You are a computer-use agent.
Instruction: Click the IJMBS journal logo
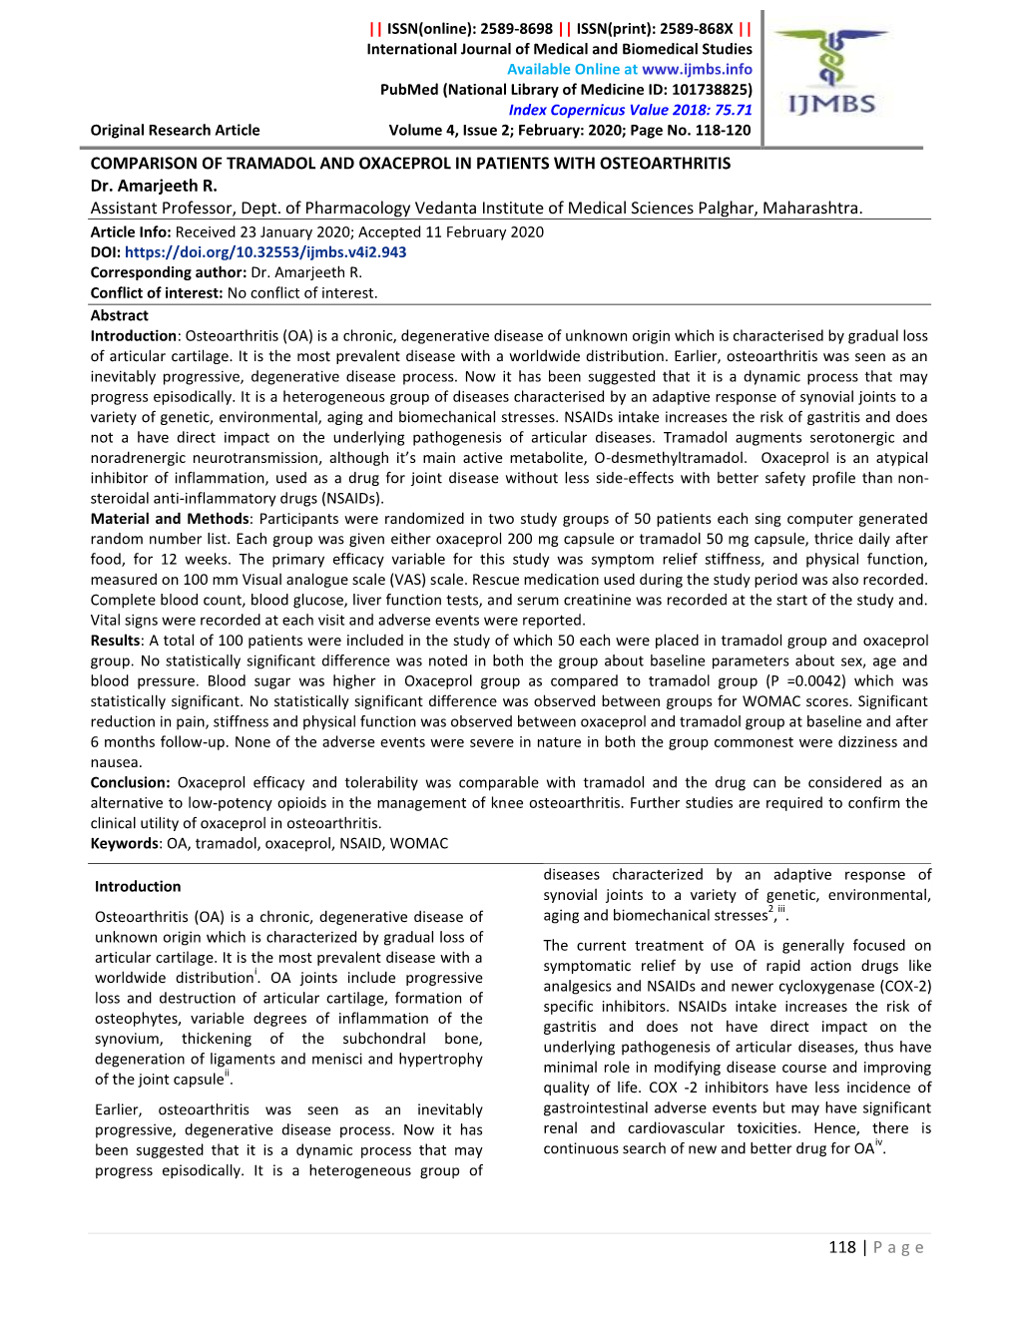[832, 75]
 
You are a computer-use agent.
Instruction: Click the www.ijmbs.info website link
[697, 70]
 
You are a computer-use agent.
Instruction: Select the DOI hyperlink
[265, 252]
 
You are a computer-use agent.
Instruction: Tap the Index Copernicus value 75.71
[733, 111]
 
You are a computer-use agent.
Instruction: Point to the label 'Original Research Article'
[175, 131]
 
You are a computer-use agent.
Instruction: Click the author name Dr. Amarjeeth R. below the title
[154, 186]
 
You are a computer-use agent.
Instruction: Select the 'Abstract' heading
[119, 315]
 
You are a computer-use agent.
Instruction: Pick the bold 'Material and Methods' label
[170, 519]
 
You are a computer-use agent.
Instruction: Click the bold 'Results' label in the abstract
[115, 641]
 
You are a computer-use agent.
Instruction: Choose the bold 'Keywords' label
[125, 844]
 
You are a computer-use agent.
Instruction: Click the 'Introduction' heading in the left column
[138, 887]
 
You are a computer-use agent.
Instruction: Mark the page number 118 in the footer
[842, 1247]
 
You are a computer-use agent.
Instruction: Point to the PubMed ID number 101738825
[709, 90]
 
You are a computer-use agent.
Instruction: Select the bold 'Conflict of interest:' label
[157, 293]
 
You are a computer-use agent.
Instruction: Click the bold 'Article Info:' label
[131, 232]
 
